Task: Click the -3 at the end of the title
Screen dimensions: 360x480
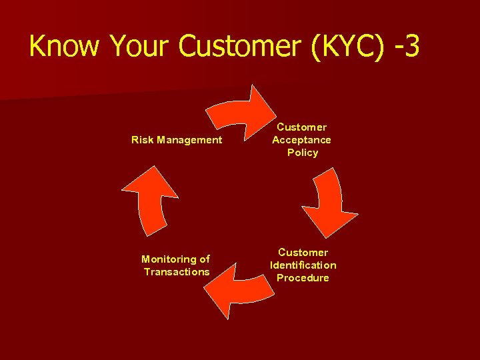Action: coord(407,47)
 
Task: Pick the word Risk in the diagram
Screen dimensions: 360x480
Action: coord(143,140)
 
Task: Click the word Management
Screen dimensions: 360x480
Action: coord(189,140)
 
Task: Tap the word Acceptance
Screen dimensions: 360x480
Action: coord(301,140)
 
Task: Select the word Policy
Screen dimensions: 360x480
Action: coord(303,153)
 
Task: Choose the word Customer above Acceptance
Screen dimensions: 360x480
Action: coord(302,127)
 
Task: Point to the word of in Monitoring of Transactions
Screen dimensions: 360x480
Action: coord(205,259)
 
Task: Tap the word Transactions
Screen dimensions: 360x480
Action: coord(177,272)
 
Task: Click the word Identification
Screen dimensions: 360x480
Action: coord(303,265)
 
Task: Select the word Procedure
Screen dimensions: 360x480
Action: coord(303,278)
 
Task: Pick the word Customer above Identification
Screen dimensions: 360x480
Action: coord(303,253)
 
